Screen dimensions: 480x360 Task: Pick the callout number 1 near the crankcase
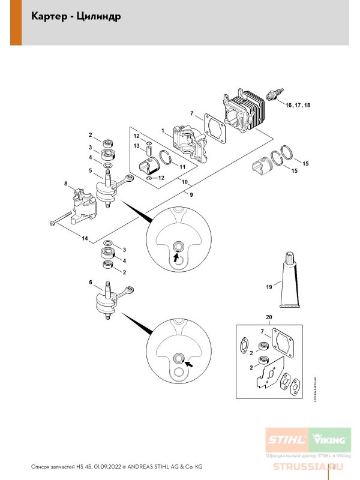(163, 130)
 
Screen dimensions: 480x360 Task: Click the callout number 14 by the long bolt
(85, 239)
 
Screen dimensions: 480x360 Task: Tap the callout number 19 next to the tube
(268, 289)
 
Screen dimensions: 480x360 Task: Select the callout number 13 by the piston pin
(136, 145)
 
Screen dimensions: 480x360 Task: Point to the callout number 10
(184, 181)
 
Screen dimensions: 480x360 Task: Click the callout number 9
(191, 194)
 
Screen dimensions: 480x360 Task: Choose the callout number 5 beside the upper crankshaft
(90, 171)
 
